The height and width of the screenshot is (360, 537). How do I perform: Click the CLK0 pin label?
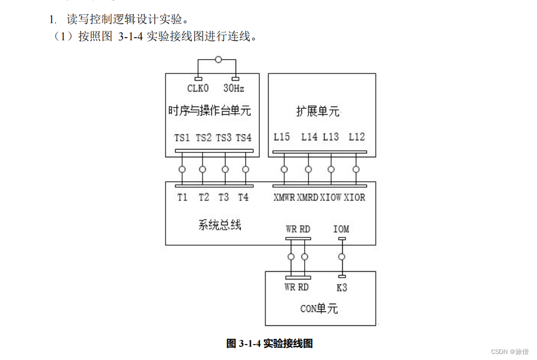[x=198, y=88]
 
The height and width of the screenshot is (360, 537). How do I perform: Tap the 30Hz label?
[x=233, y=88]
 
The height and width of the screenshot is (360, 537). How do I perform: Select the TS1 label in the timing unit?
[x=182, y=137]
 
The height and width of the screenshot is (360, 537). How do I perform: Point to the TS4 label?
[x=243, y=137]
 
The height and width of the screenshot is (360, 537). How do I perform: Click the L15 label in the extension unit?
[x=281, y=137]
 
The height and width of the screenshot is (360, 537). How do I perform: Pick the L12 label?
[x=357, y=137]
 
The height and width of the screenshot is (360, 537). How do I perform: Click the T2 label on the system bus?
[x=204, y=197]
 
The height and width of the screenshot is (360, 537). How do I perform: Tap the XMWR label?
[x=284, y=198]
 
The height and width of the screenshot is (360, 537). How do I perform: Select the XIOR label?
[x=355, y=198]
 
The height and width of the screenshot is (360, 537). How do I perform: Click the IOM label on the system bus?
[x=341, y=229]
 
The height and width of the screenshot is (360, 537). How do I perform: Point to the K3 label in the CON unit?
[x=342, y=288]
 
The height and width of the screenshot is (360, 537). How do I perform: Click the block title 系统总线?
[x=220, y=225]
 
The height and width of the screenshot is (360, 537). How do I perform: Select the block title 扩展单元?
[x=318, y=112]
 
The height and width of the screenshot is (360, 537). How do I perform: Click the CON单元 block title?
[x=318, y=309]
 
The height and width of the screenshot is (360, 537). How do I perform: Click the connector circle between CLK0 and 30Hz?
[x=219, y=59]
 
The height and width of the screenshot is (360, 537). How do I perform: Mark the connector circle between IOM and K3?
[x=342, y=257]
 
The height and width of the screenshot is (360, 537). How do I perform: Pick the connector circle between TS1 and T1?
[x=182, y=170]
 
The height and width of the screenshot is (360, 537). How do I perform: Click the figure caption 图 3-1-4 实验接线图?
[x=270, y=343]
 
